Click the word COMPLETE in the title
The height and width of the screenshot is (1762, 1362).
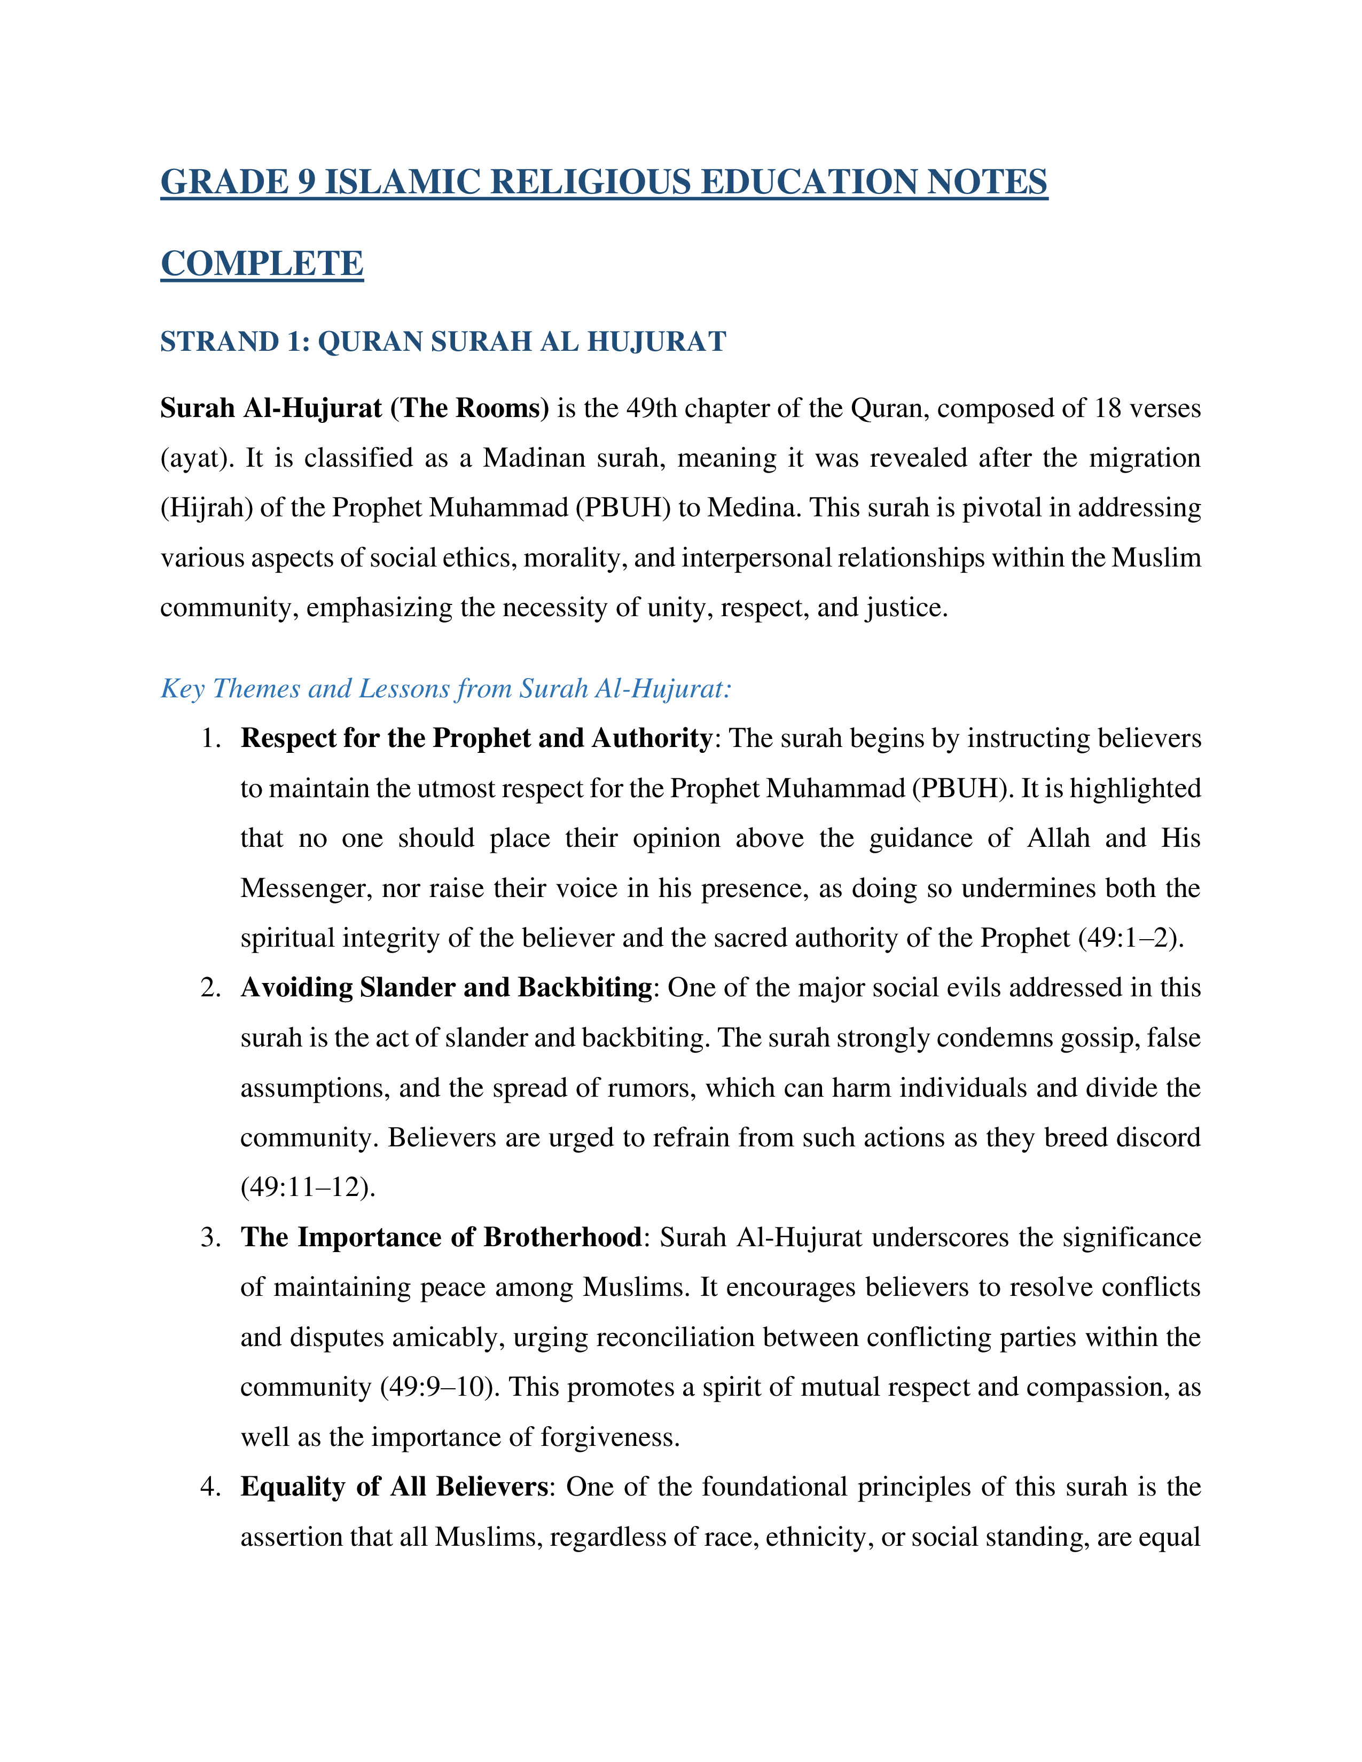coord(262,264)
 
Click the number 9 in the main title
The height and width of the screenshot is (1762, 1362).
coord(307,182)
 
